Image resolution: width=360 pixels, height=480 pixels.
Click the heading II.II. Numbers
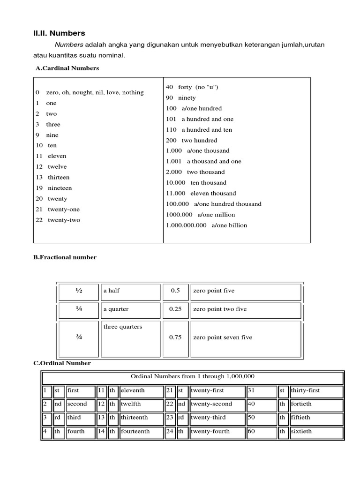(59, 33)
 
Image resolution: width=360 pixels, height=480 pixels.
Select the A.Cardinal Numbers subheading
(67, 68)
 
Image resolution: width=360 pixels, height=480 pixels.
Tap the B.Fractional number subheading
(65, 257)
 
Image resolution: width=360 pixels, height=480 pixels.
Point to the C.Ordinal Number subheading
(62, 363)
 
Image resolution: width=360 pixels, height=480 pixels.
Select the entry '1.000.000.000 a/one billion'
(206, 225)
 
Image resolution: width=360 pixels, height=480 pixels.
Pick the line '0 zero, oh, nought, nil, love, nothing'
(89, 92)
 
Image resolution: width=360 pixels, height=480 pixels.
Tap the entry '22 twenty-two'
(58, 220)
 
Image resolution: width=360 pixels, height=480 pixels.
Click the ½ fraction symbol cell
(78, 291)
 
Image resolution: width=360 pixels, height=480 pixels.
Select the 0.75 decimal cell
(175, 337)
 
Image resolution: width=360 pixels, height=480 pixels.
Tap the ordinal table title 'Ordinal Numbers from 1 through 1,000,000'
(193, 377)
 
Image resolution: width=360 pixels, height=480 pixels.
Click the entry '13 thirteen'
(52, 177)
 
